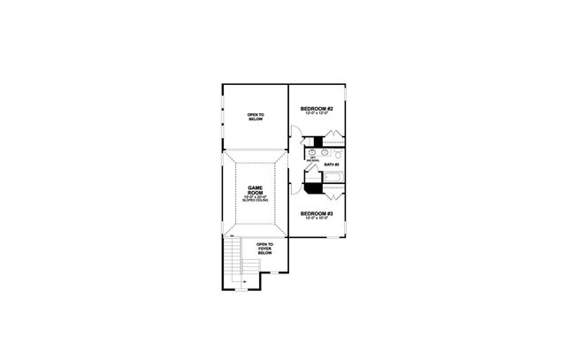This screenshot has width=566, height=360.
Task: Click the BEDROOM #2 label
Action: pyautogui.click(x=316, y=108)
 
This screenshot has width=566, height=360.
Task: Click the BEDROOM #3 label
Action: pyautogui.click(x=315, y=213)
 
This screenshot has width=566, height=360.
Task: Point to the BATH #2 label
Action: pyautogui.click(x=332, y=165)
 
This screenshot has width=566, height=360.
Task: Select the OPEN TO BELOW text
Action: pyautogui.click(x=256, y=116)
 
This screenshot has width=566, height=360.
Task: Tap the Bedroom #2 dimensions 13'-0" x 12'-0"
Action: pyautogui.click(x=316, y=113)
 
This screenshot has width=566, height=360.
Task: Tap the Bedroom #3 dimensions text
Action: pyautogui.click(x=315, y=218)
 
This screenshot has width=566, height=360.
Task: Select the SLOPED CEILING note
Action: pyautogui.click(x=256, y=202)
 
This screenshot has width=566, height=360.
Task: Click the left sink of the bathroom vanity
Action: pyautogui.click(x=310, y=152)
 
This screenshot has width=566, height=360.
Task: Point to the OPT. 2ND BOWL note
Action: pyautogui.click(x=312, y=160)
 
